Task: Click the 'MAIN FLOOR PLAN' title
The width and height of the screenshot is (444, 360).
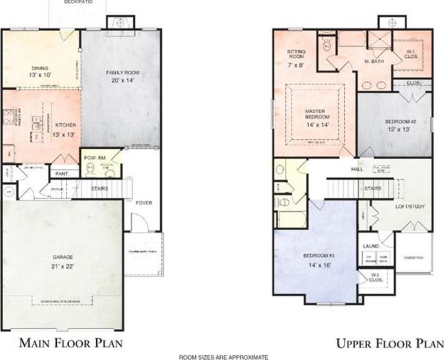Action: point(70,343)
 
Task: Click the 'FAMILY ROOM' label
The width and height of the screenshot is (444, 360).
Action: point(122,73)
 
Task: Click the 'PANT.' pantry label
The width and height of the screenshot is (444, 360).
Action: point(62,174)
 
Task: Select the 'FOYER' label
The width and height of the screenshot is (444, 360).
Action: point(144,203)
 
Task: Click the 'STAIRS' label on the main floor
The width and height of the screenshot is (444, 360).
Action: point(99,188)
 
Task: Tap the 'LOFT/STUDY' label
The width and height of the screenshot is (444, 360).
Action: point(410,206)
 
